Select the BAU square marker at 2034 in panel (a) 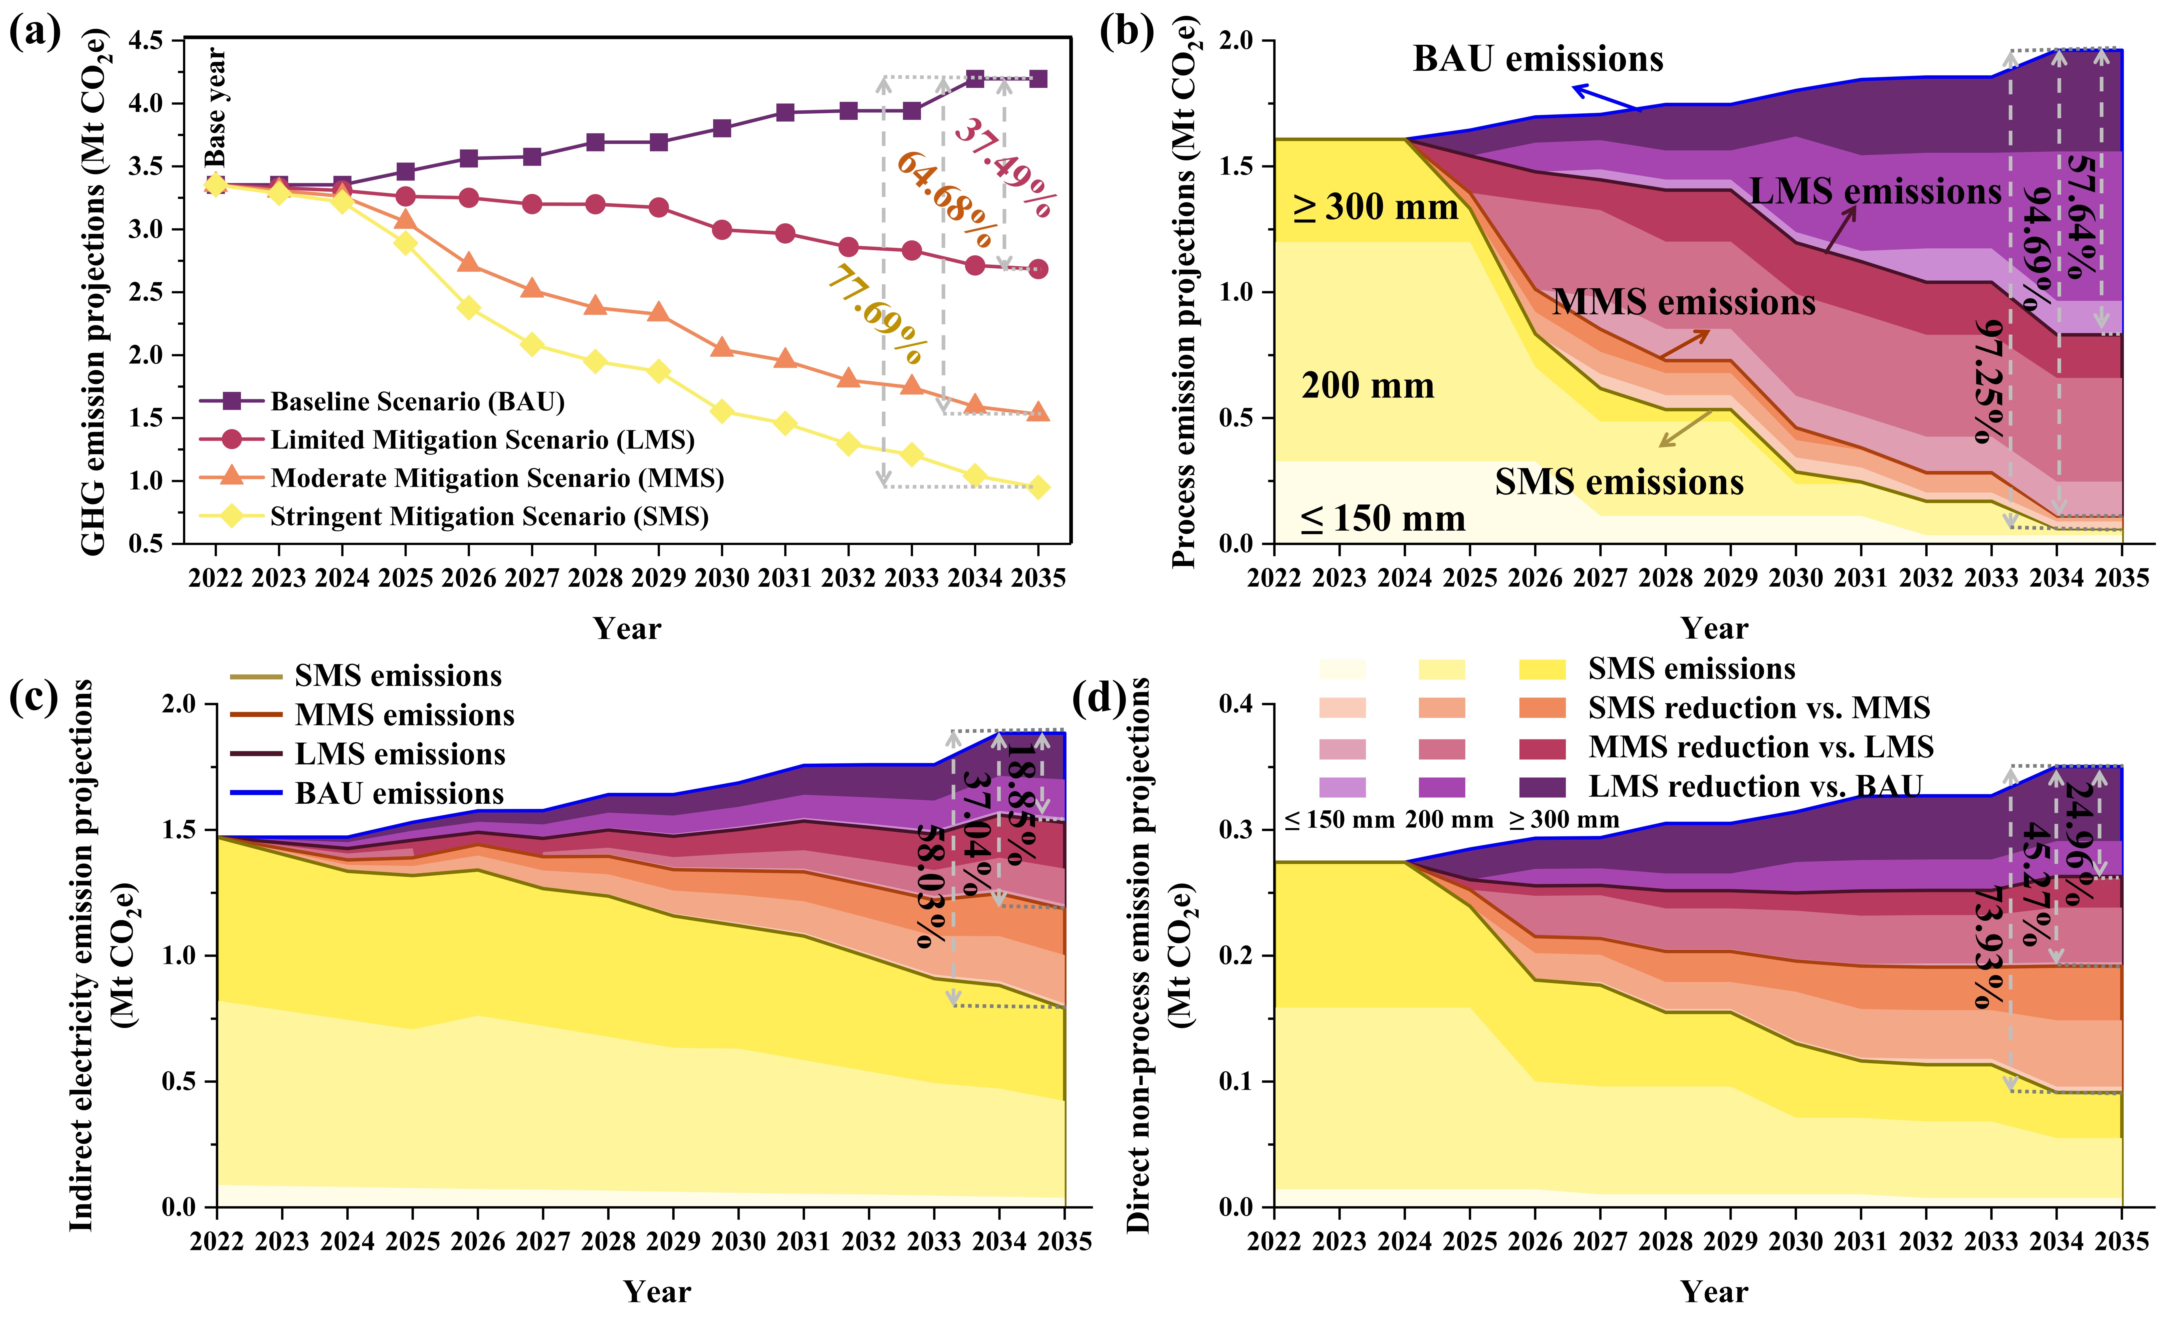pos(974,79)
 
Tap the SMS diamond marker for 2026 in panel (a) pos(468,308)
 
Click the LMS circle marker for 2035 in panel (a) pos(1038,269)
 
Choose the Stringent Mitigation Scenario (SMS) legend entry pos(488,516)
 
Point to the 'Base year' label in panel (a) pos(216,107)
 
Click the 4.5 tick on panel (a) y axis pos(146,40)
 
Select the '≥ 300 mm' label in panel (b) pos(1375,208)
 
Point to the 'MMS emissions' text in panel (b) pos(1683,302)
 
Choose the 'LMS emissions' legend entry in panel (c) pos(399,754)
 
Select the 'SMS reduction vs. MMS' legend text pos(1758,708)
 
